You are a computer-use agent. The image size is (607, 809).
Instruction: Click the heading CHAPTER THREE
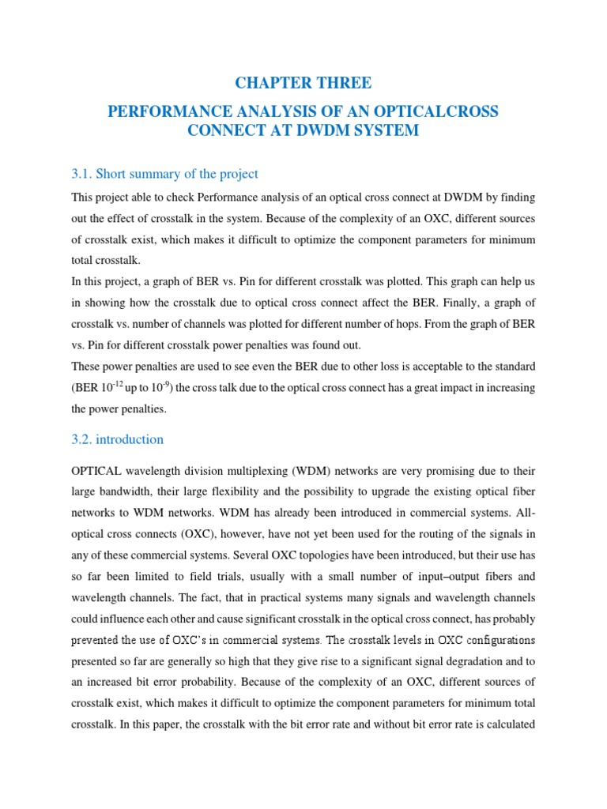coord(303,83)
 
